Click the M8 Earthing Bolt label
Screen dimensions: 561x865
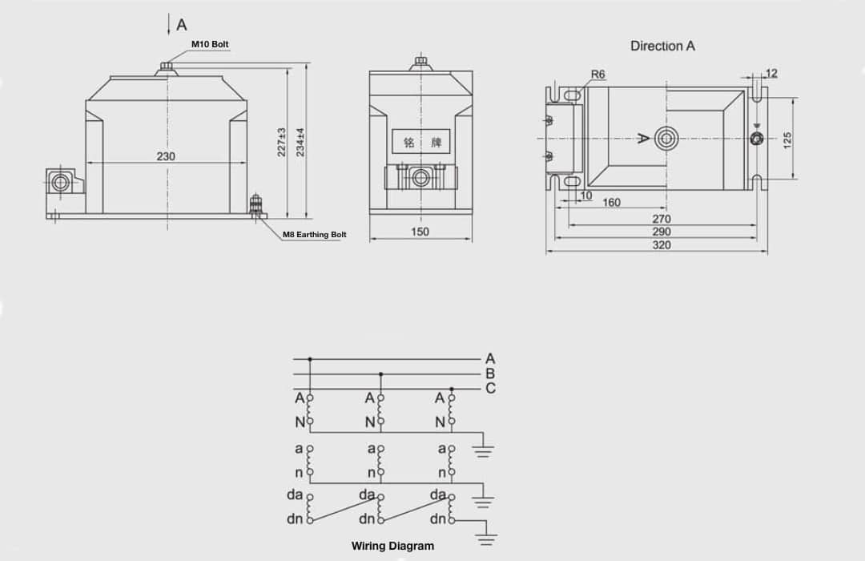click(315, 235)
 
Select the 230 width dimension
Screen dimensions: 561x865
click(166, 156)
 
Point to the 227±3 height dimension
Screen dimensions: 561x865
click(282, 142)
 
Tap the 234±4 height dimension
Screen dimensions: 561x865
click(301, 142)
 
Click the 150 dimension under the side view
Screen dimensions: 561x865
click(420, 232)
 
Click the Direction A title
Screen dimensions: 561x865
click(662, 46)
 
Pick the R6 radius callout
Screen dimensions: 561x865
click(597, 75)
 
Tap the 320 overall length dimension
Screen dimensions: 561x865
click(662, 244)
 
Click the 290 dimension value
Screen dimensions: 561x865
click(662, 232)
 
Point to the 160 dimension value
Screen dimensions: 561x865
click(611, 203)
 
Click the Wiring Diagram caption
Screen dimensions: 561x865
click(392, 546)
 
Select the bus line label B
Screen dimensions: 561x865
click(490, 373)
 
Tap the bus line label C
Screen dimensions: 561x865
click(490, 389)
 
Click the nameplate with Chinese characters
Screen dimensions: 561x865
click(421, 143)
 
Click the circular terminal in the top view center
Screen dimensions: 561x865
click(665, 139)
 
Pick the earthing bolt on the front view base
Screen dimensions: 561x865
click(257, 204)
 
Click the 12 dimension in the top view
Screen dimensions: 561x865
click(771, 74)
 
